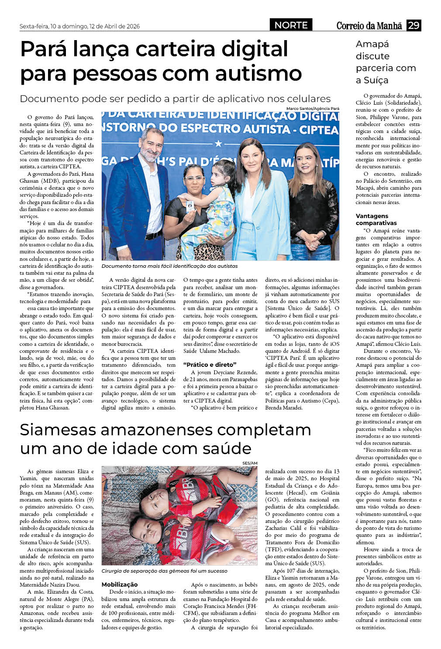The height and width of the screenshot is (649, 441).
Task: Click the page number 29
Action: point(413,25)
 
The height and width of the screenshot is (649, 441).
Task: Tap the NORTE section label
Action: point(291,25)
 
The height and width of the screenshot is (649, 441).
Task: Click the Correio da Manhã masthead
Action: point(369,26)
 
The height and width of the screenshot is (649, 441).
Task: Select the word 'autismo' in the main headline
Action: point(258,73)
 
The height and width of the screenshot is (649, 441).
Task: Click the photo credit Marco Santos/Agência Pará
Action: point(313,109)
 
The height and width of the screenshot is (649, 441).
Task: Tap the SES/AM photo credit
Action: point(250,463)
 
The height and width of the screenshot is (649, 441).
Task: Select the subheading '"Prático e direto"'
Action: point(210,365)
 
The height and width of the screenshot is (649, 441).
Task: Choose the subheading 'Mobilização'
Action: point(120,584)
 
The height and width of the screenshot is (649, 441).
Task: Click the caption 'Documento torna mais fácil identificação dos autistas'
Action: point(169,266)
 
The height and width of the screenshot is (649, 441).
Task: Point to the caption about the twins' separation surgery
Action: point(164,571)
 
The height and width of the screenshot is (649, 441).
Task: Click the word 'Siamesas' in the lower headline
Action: point(58,430)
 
